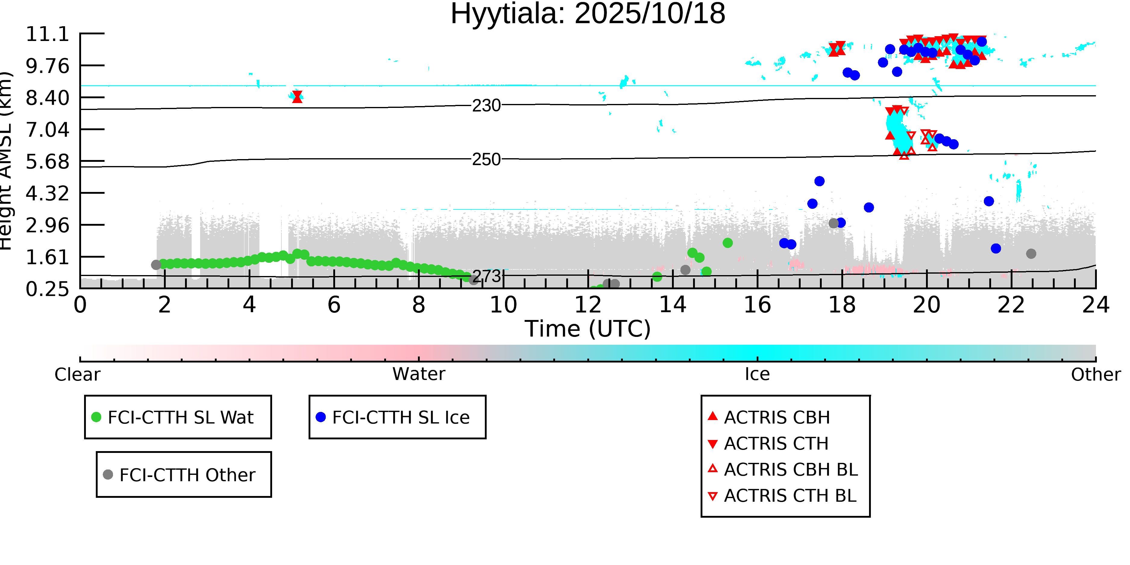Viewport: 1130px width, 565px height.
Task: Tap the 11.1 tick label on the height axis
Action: tap(47, 34)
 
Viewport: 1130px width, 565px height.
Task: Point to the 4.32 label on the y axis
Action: tap(47, 193)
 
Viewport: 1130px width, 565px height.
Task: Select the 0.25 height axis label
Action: tap(47, 289)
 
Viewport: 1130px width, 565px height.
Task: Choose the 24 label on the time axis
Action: tap(1095, 305)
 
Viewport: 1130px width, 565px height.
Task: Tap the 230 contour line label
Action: tap(486, 106)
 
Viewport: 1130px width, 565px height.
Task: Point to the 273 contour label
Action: tap(486, 276)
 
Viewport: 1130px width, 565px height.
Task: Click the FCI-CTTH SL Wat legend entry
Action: tap(180, 417)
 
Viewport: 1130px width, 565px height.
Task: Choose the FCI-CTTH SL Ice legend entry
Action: tap(400, 417)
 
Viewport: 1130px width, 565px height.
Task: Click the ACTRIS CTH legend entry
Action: tap(776, 444)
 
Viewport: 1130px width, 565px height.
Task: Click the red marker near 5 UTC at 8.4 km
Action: tap(297, 96)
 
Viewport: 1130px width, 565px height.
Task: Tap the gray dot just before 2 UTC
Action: tap(156, 265)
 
